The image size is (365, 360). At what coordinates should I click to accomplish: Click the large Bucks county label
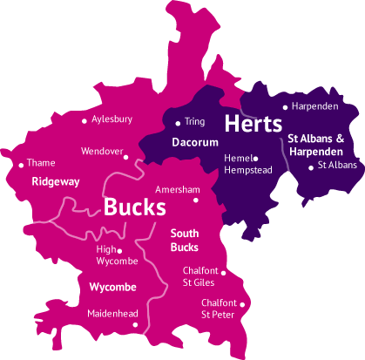(x=134, y=207)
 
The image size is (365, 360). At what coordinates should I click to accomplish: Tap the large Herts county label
(x=253, y=123)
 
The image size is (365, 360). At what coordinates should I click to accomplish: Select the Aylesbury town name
(x=112, y=119)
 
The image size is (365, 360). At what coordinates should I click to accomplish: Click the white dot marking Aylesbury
(x=84, y=121)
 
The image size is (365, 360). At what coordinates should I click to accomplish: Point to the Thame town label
(x=41, y=162)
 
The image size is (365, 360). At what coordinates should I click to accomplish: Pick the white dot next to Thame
(x=21, y=164)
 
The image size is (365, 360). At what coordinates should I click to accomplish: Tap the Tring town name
(x=195, y=122)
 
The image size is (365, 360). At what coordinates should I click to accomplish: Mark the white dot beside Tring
(x=178, y=122)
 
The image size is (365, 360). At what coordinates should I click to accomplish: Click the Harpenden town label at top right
(x=315, y=106)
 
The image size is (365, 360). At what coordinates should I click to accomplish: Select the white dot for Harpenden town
(x=285, y=107)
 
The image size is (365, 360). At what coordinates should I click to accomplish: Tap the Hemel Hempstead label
(x=237, y=164)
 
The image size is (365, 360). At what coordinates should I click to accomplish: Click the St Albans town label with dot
(x=336, y=165)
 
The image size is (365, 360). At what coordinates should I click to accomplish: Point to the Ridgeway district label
(x=55, y=181)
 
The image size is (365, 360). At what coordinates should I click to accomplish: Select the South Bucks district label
(x=184, y=241)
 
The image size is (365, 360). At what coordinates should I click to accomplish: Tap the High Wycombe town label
(x=112, y=255)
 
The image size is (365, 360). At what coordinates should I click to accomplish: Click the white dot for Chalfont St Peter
(x=243, y=304)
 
